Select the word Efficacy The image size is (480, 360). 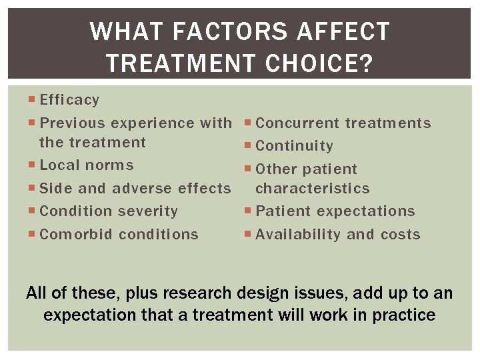(x=69, y=100)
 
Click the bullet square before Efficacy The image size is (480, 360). (x=33, y=100)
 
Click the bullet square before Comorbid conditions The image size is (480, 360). (x=33, y=235)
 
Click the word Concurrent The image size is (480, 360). (x=297, y=123)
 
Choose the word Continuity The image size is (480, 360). (x=294, y=146)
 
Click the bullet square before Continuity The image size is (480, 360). (x=249, y=146)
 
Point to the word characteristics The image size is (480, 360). (x=312, y=189)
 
